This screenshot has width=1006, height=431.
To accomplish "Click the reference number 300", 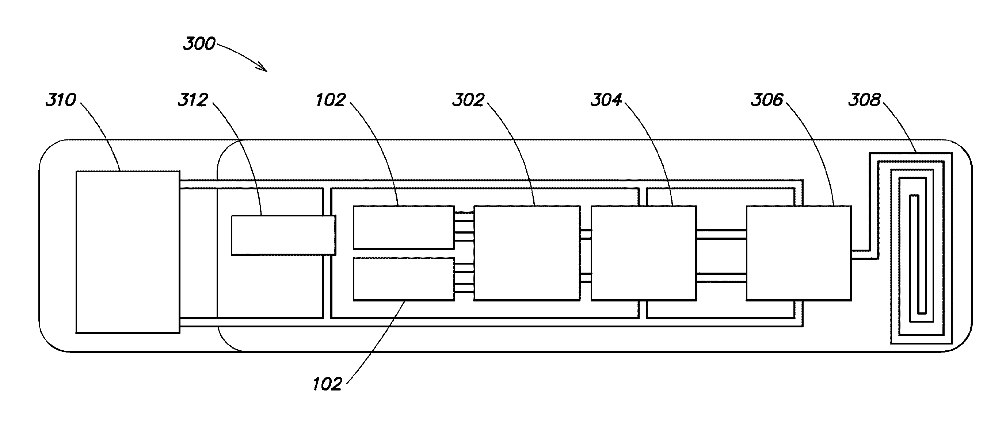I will tap(199, 44).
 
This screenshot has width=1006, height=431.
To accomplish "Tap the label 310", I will tap(61, 100).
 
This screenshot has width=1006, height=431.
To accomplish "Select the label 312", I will tap(193, 100).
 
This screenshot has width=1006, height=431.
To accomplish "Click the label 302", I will tap(468, 100).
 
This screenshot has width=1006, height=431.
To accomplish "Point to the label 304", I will tap(606, 100).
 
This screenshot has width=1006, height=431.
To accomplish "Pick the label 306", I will tap(767, 100).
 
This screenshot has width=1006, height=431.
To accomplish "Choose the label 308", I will tap(864, 100).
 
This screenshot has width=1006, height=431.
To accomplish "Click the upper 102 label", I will tap(330, 100).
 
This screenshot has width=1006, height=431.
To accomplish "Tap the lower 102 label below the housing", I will tap(327, 384).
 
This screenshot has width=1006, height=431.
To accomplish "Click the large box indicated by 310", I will tap(128, 252).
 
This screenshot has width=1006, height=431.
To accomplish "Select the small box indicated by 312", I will tap(283, 235).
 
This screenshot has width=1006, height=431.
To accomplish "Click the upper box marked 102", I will tap(404, 227).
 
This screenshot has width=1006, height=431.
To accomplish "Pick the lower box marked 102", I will tap(404, 279).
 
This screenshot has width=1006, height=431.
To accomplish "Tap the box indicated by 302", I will tap(527, 253).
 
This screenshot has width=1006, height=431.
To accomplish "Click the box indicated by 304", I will tap(644, 253).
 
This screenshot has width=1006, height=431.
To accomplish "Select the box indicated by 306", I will tap(799, 253).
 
